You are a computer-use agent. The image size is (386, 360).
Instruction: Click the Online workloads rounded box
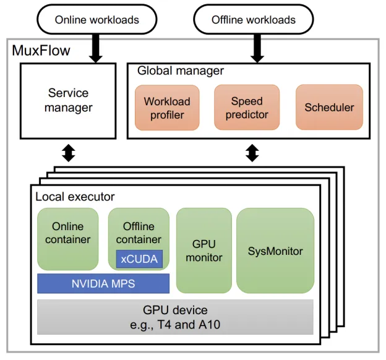(96, 20)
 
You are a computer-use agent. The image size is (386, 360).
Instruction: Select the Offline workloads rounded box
(254, 20)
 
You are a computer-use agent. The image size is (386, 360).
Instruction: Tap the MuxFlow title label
(41, 50)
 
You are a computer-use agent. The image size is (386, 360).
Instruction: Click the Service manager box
(69, 100)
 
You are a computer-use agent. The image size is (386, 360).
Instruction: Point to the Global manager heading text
(181, 71)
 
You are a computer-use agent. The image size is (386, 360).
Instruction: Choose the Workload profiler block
(167, 108)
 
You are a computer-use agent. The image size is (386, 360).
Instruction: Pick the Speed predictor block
(247, 108)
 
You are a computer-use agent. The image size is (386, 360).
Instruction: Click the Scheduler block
(329, 108)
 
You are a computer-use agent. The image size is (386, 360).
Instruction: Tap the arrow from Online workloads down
(96, 48)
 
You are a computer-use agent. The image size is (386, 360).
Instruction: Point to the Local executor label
(75, 197)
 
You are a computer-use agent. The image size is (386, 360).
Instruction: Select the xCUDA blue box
(139, 259)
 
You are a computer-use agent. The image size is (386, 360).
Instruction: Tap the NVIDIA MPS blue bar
(103, 284)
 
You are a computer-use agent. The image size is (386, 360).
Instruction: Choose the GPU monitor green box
(204, 251)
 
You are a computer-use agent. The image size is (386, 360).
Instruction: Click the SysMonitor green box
(275, 251)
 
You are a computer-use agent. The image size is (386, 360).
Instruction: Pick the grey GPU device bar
(175, 317)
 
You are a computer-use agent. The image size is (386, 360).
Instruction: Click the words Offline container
(139, 233)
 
